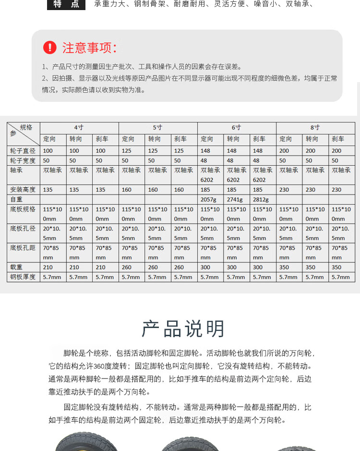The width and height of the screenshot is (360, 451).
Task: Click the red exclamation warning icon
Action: [x=49, y=48]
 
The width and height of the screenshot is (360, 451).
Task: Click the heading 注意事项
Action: [x=89, y=48]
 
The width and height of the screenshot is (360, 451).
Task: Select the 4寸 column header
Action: [x=79, y=127]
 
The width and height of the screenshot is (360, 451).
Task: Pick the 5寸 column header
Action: [x=157, y=127]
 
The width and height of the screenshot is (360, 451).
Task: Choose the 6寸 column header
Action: [x=236, y=127]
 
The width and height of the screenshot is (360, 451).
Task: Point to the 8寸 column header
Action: [x=315, y=127]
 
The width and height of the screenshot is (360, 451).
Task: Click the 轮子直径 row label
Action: [x=23, y=151]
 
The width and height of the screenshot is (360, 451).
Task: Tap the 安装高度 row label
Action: [x=23, y=190]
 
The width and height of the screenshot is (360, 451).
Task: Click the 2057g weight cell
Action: [x=210, y=199]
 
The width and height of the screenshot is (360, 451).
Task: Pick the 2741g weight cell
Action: [x=236, y=199]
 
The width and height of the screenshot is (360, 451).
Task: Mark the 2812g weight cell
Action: [x=262, y=199]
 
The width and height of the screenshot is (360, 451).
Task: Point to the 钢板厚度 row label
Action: [x=23, y=277]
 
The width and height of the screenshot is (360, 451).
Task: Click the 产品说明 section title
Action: [x=183, y=329]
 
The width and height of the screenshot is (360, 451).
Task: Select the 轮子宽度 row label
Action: [x=23, y=160]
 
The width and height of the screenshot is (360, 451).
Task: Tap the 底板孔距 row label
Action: [x=23, y=248]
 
